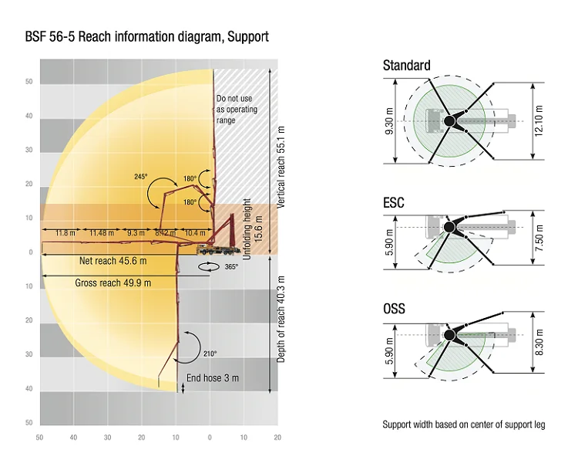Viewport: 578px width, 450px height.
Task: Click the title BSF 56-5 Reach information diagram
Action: (146, 37)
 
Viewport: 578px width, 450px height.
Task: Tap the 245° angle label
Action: (141, 177)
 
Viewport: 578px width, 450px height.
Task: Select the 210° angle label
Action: (210, 353)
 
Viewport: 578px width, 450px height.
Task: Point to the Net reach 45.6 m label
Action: (114, 261)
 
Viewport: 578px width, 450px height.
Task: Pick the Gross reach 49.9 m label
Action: (113, 283)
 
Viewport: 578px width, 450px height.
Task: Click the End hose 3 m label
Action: (213, 378)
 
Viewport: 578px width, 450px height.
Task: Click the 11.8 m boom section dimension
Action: (65, 232)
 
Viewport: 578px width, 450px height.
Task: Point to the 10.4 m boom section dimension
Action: (196, 232)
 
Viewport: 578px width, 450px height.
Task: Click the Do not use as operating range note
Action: (237, 110)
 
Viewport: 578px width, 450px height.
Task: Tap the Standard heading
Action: (406, 66)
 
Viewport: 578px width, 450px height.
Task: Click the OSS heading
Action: (394, 310)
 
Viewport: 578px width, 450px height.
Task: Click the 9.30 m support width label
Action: (389, 121)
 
